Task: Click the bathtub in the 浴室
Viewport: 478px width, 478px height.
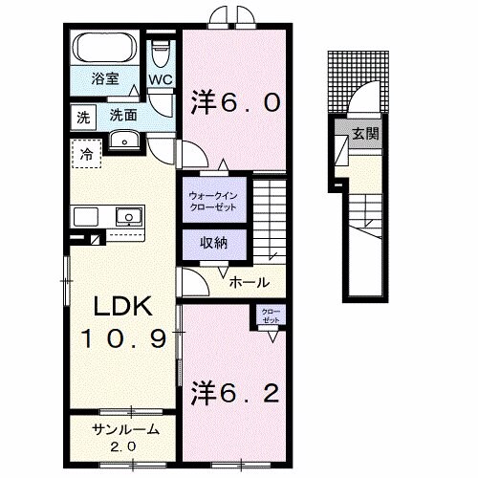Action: [x=105, y=49]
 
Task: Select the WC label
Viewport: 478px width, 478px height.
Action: [x=161, y=79]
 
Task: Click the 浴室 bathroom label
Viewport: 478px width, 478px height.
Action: [x=105, y=78]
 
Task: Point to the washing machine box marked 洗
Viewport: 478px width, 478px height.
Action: [x=83, y=118]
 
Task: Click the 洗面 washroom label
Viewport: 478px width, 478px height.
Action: [x=123, y=115]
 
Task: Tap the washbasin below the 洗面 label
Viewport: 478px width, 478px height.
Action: [x=124, y=140]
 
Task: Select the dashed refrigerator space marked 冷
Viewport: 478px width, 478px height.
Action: [x=86, y=154]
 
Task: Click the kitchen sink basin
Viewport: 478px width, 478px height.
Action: [x=129, y=217]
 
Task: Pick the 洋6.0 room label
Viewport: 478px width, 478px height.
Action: [x=235, y=102]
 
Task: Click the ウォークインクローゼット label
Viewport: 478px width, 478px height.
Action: [x=213, y=201]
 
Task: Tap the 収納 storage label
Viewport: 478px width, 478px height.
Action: [x=214, y=243]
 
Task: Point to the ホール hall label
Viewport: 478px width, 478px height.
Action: [x=250, y=282]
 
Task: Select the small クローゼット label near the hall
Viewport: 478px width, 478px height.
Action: [x=271, y=315]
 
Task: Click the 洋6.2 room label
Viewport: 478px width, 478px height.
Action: [x=235, y=394]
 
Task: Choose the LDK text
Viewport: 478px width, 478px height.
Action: [x=122, y=307]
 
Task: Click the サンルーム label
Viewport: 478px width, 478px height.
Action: [x=125, y=430]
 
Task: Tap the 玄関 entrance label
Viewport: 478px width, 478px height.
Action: [x=365, y=133]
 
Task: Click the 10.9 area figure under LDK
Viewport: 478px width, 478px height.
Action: [x=123, y=338]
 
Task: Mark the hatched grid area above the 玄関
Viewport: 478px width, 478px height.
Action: [x=358, y=81]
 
